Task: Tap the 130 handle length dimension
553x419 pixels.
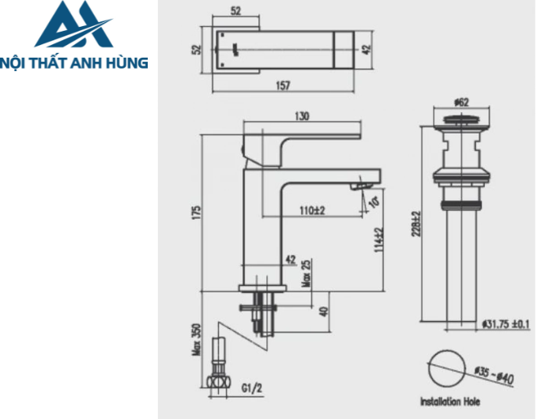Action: coord(302,116)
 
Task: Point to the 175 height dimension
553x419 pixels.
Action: coord(197,213)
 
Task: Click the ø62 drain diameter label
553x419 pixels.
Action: coord(462,103)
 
